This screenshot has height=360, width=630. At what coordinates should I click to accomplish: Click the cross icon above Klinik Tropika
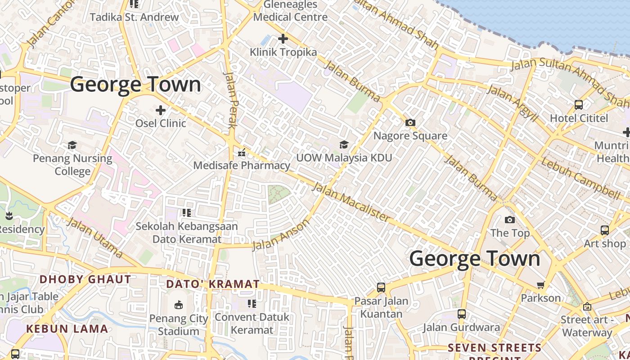point(283,39)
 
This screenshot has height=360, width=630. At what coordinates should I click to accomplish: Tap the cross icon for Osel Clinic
point(160,110)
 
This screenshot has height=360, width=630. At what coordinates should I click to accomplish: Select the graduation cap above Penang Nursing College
point(72,145)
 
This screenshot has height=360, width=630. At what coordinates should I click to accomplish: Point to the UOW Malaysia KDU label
point(344,158)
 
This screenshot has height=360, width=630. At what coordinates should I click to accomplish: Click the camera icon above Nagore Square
point(410,122)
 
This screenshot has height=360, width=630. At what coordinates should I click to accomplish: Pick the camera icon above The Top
point(510,220)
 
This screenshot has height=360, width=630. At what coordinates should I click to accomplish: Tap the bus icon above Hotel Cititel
point(579,105)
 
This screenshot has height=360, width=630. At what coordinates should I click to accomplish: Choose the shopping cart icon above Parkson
point(540,285)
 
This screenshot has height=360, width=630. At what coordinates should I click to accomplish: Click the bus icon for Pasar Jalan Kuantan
point(381,287)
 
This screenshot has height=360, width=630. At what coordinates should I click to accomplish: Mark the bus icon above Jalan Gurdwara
point(461,314)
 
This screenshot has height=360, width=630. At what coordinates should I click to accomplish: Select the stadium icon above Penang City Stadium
point(179,305)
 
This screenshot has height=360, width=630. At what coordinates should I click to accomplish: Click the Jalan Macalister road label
point(351,202)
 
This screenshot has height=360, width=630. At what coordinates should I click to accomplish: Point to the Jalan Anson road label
point(281,234)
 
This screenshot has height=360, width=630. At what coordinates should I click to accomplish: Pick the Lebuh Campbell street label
point(580,178)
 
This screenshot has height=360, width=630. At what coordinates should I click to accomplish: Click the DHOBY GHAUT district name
point(85,279)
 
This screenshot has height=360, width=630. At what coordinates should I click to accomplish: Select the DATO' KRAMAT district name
point(213,284)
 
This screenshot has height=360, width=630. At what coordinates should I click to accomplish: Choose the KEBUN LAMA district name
point(67,329)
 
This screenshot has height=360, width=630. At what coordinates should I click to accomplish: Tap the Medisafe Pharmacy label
point(242,165)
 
